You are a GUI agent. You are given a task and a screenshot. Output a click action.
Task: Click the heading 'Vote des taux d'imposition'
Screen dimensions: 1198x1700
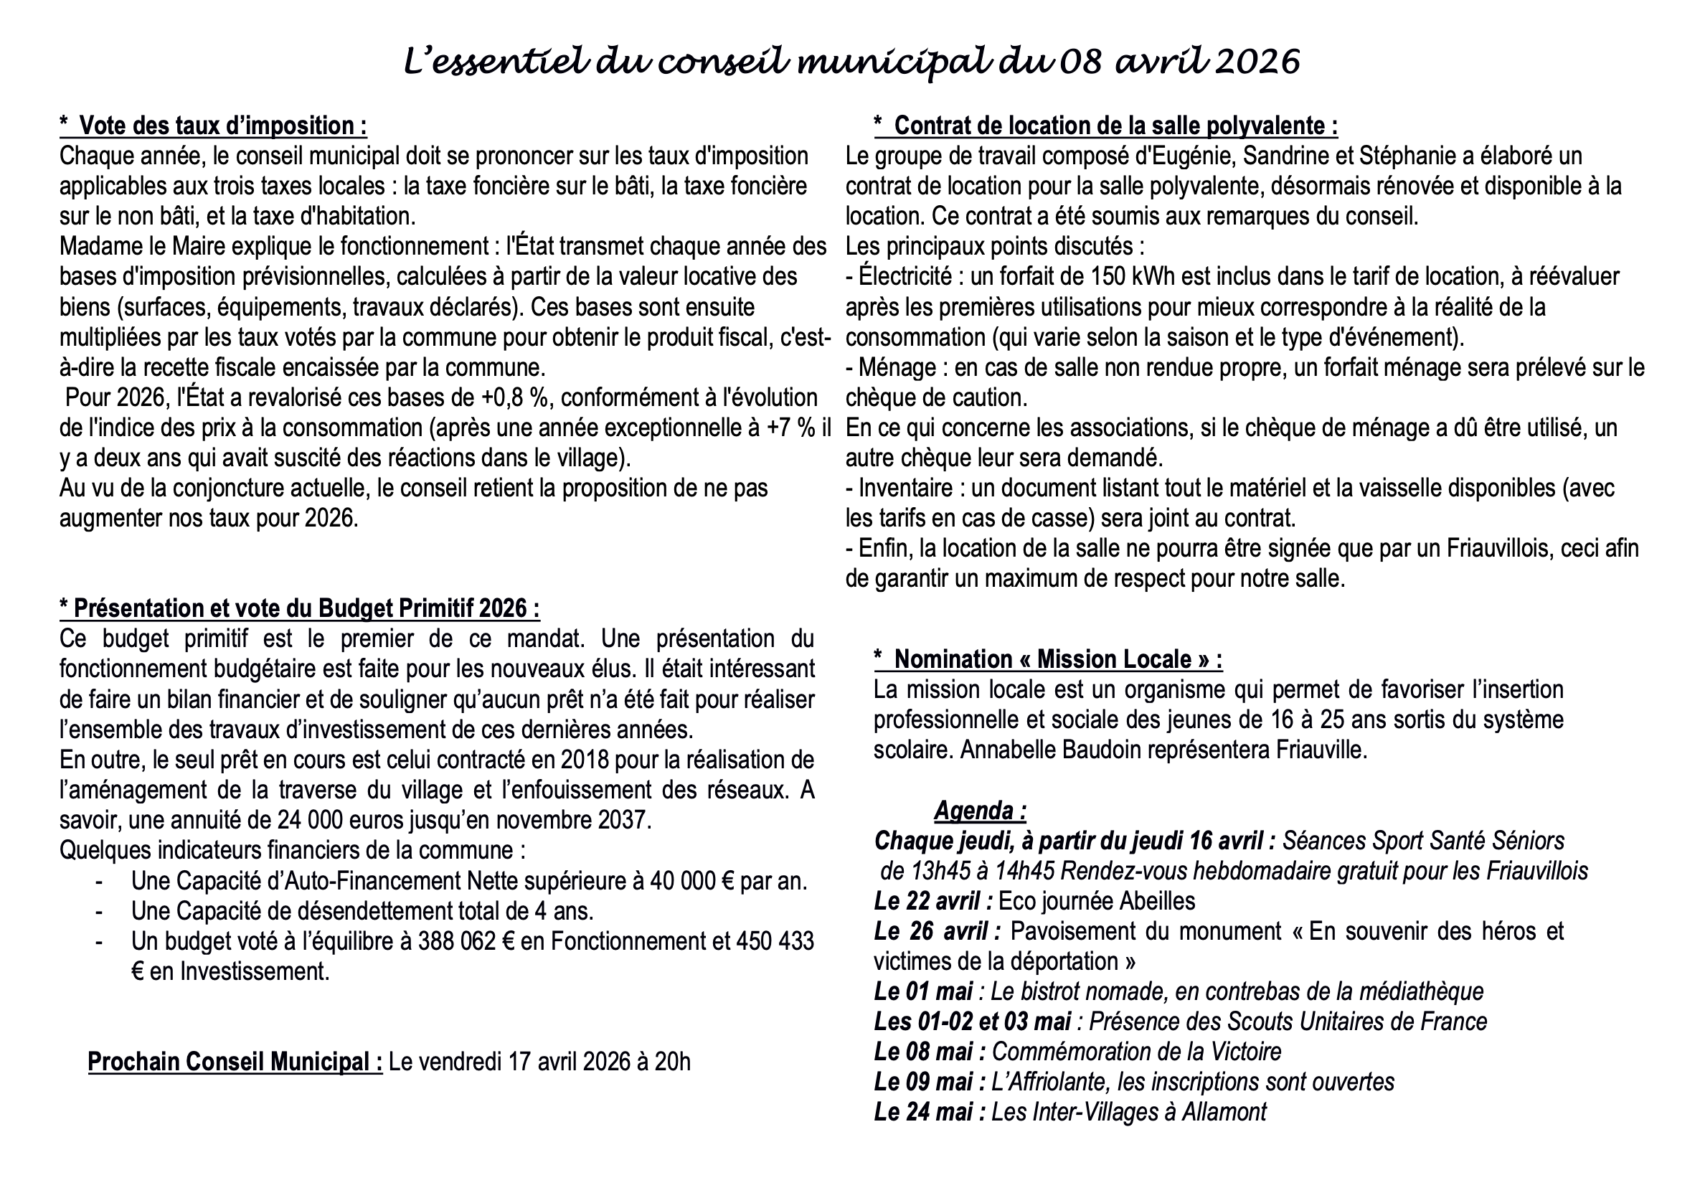tap(222, 126)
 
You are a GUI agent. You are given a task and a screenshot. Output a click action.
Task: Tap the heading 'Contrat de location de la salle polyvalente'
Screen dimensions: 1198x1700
tap(1115, 126)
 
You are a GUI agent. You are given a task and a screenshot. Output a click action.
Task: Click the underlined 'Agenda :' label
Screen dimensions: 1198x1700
tap(980, 811)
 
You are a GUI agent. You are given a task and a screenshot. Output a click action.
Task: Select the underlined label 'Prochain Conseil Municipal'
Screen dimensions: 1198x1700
tap(235, 1062)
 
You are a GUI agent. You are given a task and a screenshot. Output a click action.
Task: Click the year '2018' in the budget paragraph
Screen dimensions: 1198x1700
tap(585, 760)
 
